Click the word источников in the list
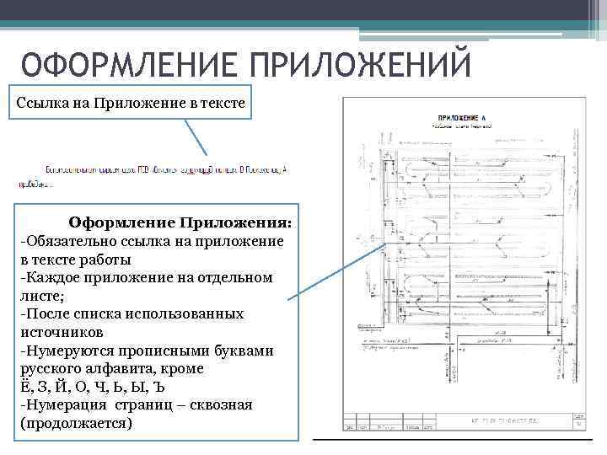click(56, 332)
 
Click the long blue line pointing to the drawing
click(337, 272)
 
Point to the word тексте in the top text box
click(223, 104)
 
